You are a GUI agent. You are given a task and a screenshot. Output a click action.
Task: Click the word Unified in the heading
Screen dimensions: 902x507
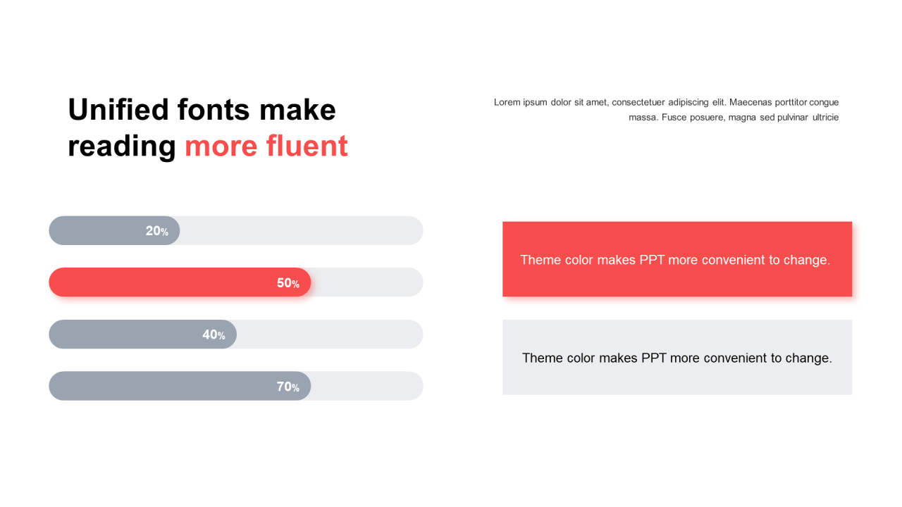tap(118, 109)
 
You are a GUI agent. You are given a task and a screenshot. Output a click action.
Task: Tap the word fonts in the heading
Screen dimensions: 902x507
tap(214, 109)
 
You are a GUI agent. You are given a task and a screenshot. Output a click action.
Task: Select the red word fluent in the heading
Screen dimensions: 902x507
tap(307, 145)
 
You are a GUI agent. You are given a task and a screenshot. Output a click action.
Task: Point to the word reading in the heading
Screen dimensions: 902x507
tap(122, 148)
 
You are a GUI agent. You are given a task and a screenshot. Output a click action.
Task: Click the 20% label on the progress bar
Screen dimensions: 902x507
tap(156, 231)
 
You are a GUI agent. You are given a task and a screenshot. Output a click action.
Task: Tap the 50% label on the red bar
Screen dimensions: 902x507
tap(288, 283)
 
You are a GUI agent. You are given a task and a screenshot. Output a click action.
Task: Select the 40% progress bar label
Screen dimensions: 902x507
tap(214, 334)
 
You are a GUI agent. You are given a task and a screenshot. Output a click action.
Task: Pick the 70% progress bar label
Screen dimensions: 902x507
tap(288, 387)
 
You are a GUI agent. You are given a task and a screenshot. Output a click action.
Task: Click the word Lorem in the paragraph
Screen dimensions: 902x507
tap(507, 102)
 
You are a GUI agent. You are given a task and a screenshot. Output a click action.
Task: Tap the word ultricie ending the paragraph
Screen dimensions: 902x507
tap(825, 117)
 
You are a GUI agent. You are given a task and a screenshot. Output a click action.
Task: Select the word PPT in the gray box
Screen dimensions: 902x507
tap(653, 358)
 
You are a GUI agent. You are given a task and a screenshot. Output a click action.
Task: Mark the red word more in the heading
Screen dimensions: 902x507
tap(221, 145)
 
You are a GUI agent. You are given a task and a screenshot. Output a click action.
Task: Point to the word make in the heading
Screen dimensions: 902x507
tap(297, 109)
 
